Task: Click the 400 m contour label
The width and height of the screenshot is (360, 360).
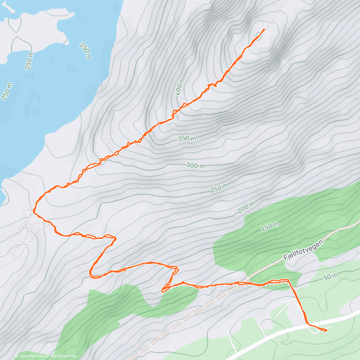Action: pos(180,86)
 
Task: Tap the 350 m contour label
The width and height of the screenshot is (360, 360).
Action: pos(187,138)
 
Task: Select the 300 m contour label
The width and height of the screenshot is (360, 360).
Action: pos(195,165)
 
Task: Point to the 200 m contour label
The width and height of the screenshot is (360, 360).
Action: pos(246,207)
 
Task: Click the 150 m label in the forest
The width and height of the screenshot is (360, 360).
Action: pos(270,227)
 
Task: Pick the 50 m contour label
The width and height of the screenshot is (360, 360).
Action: pos(331,277)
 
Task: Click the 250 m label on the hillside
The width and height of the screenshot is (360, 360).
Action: pos(219,188)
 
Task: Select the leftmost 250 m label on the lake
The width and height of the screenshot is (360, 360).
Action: pos(7,91)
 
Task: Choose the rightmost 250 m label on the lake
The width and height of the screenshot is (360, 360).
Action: pos(85,50)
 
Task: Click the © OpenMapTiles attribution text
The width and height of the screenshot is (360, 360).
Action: pos(29,356)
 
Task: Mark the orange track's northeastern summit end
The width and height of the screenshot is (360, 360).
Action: pos(264,29)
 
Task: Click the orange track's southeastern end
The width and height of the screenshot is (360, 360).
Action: pos(326,331)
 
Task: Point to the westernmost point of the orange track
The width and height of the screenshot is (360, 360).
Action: pos(34,211)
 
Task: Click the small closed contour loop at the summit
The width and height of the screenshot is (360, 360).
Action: pos(259,36)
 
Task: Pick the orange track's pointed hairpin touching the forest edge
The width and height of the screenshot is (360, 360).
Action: pos(163,290)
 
